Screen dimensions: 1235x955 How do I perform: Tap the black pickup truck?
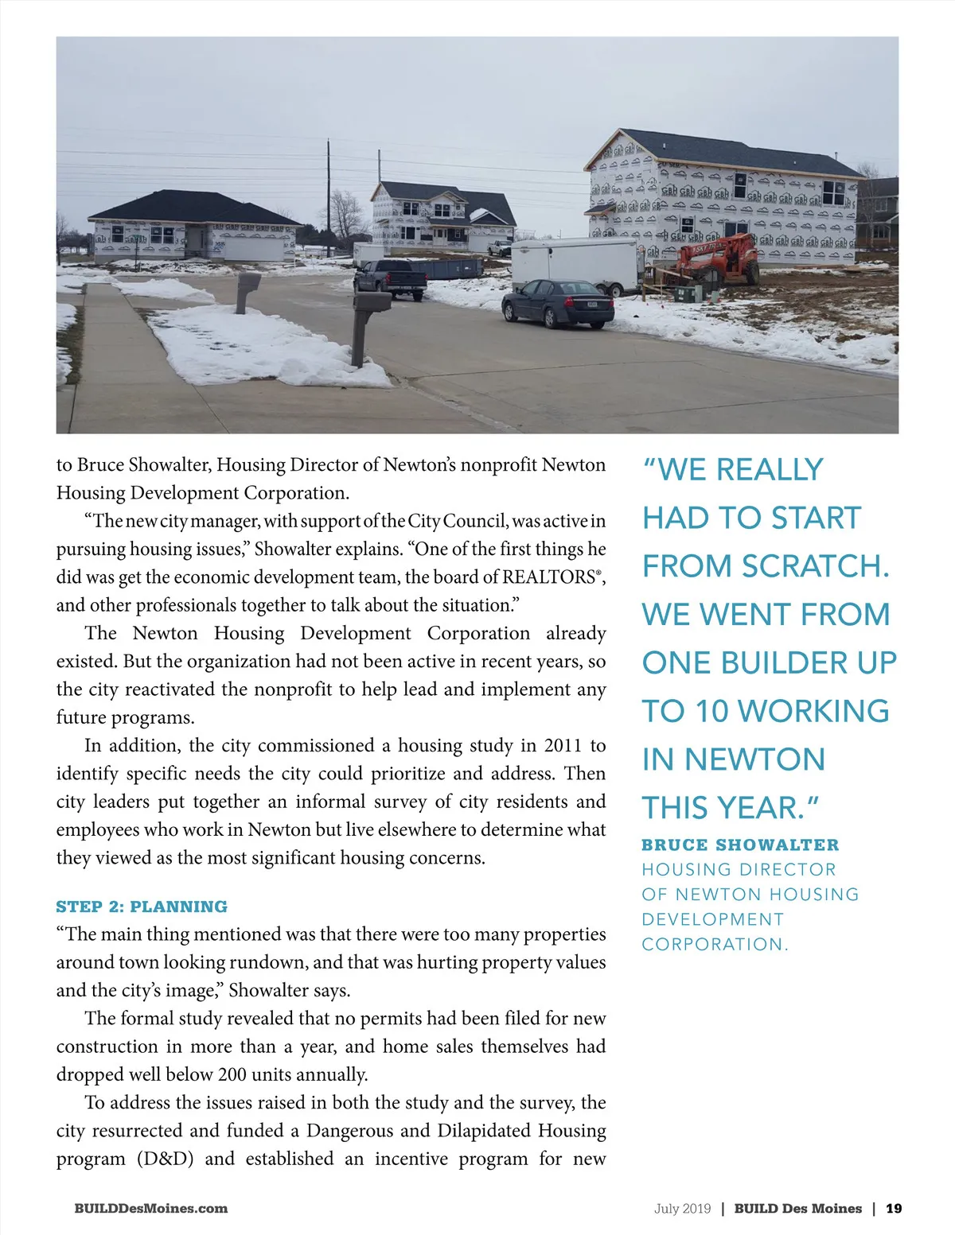391,278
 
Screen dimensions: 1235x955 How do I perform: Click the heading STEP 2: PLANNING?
142,907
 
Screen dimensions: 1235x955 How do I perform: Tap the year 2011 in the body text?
563,745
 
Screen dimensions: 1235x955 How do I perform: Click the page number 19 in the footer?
894,1209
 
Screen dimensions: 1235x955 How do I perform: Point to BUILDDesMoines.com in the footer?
151,1209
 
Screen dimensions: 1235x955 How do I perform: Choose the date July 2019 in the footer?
682,1209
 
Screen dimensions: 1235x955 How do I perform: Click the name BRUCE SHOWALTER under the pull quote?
740,845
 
